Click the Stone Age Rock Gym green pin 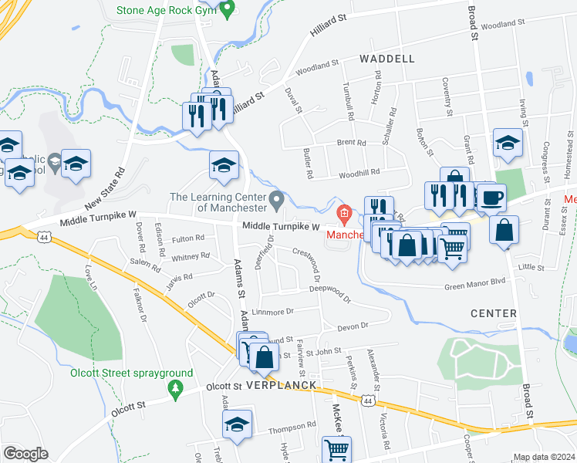pyautogui.click(x=226, y=10)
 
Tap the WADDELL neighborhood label pyautogui.click(x=386, y=59)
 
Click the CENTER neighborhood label pyautogui.click(x=493, y=313)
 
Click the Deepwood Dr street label pyautogui.click(x=329, y=289)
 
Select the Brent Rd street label pyautogui.click(x=351, y=143)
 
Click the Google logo pyautogui.click(x=26, y=453)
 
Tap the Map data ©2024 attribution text pyautogui.click(x=544, y=457)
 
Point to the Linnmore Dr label pyautogui.click(x=273, y=312)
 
